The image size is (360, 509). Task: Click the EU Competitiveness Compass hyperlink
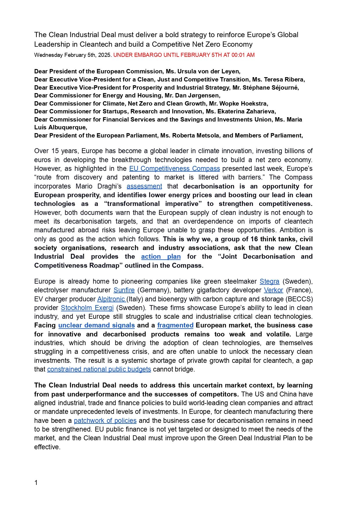click(x=174, y=169)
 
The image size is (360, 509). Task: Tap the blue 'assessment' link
click(x=144, y=186)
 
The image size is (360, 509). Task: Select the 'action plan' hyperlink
click(x=161, y=257)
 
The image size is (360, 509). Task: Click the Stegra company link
click(x=269, y=281)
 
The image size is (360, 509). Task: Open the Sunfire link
click(x=124, y=290)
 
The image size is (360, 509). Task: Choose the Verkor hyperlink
click(x=273, y=290)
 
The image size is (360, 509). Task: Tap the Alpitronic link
click(x=111, y=299)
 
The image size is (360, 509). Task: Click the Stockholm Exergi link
click(x=87, y=308)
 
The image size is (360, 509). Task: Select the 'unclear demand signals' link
click(x=97, y=325)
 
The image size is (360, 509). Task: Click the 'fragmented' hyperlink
click(x=175, y=325)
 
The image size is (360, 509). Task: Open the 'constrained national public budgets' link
click(x=99, y=369)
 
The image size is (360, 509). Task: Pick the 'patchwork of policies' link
click(x=105, y=421)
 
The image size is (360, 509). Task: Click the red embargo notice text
click(x=184, y=55)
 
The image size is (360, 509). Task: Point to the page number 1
click(x=36, y=483)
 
